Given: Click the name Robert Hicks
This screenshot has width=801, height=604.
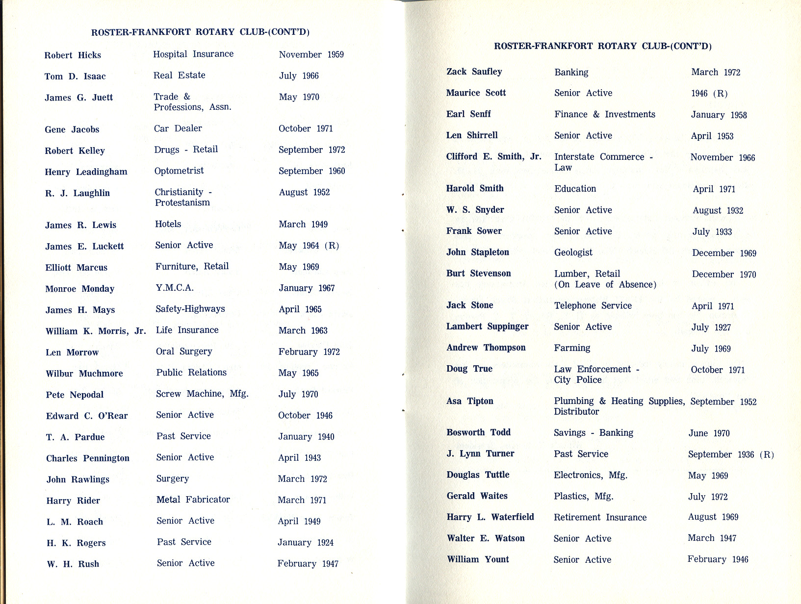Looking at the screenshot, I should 73,55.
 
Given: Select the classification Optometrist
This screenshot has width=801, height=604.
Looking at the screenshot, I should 179,171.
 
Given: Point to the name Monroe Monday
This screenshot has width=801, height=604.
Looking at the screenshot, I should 79,289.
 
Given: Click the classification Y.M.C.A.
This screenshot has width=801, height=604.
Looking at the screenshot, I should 174,287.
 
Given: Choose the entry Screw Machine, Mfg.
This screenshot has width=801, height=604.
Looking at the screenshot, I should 202,394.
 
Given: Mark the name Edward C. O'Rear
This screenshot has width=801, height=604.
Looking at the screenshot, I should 87,416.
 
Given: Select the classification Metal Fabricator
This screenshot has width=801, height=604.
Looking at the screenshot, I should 193,500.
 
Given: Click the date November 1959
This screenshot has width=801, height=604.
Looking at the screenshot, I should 311,54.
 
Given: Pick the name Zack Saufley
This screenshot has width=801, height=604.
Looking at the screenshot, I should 474,72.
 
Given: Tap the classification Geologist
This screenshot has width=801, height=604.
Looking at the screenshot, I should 573,252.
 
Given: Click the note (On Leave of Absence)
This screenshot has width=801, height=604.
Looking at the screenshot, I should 605,284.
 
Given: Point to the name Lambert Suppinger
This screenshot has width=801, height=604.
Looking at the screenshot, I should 487,327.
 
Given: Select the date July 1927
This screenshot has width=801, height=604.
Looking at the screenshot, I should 711,327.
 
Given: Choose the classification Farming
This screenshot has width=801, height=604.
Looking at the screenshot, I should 572,348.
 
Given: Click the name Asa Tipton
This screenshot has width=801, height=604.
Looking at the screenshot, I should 469,401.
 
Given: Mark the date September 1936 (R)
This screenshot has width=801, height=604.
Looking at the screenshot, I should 730,454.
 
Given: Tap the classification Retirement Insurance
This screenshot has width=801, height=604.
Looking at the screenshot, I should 600,517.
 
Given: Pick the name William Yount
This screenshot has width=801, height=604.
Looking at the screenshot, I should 477,559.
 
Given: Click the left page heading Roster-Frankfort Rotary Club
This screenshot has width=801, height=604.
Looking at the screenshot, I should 200,32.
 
